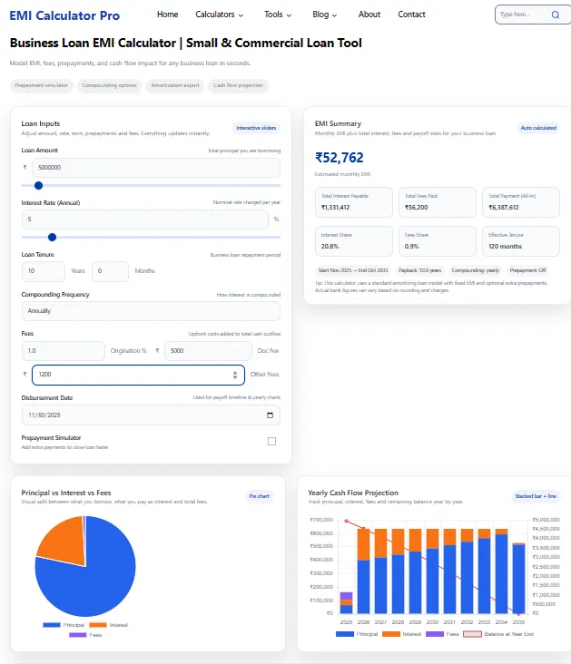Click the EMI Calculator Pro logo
pyautogui.click(x=64, y=15)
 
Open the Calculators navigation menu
pyautogui.click(x=220, y=15)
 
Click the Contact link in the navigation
pyautogui.click(x=411, y=15)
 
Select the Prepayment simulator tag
pyautogui.click(x=42, y=85)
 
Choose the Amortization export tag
pyautogui.click(x=175, y=85)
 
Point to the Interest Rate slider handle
pyautogui.click(x=52, y=237)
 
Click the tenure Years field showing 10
pyautogui.click(x=42, y=270)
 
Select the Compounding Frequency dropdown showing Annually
pyautogui.click(x=151, y=310)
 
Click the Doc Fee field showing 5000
pyautogui.click(x=208, y=350)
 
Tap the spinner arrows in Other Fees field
pyautogui.click(x=235, y=374)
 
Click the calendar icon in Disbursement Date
pyautogui.click(x=270, y=415)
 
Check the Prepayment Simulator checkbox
pyautogui.click(x=271, y=441)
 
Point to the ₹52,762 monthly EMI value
pyautogui.click(x=340, y=158)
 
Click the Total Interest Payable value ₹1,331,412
pyautogui.click(x=336, y=207)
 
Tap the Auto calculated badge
pyautogui.click(x=537, y=128)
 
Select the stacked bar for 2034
pyautogui.click(x=500, y=573)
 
